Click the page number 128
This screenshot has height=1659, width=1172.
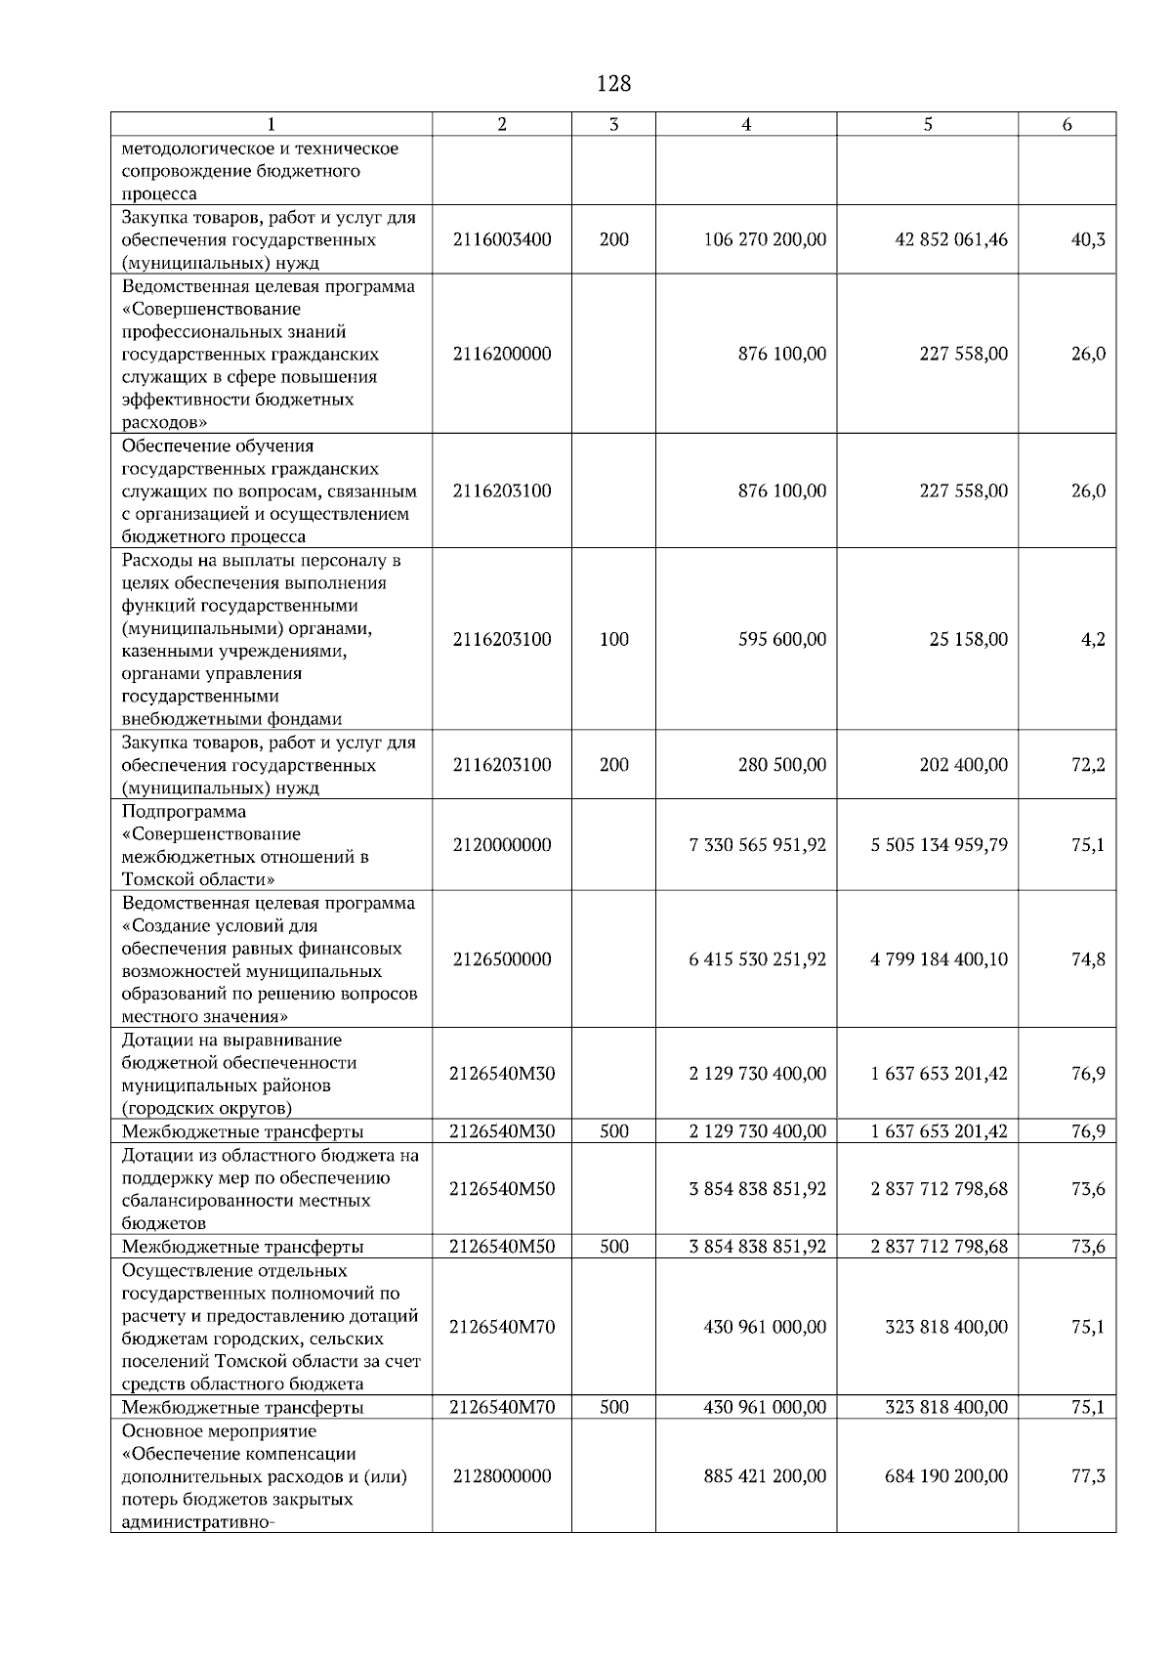coord(613,84)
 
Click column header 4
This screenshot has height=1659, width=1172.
coord(746,124)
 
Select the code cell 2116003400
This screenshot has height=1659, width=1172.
coord(502,239)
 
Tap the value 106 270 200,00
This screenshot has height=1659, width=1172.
coord(765,239)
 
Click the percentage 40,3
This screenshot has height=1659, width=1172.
coord(1088,239)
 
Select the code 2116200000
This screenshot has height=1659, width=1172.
coord(502,354)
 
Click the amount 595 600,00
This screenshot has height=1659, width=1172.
coord(781,639)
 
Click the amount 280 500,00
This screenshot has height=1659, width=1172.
coord(781,765)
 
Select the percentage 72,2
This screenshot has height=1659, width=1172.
coord(1088,765)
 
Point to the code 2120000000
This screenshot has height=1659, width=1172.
coord(502,845)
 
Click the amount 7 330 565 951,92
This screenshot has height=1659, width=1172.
coord(757,845)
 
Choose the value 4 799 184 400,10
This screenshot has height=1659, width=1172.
coord(939,959)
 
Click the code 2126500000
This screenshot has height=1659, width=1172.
coord(502,959)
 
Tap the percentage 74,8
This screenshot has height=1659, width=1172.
coord(1088,959)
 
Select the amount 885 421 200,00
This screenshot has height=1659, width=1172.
coord(765,1476)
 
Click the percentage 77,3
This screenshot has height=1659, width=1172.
coord(1088,1476)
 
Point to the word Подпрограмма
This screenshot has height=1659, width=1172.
coord(184,812)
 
